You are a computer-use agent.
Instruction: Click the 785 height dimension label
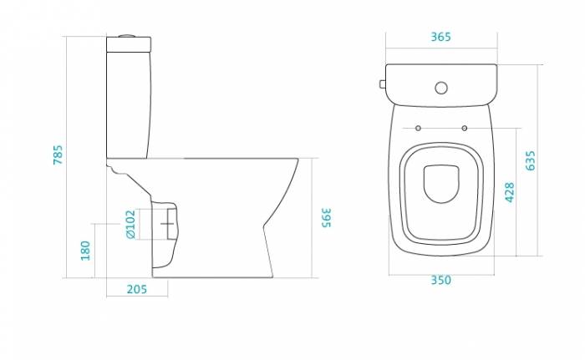point(58,155)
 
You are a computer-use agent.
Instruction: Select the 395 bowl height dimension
point(327,217)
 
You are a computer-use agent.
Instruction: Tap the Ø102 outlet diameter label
point(130,224)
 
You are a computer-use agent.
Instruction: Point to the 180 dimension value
point(85,251)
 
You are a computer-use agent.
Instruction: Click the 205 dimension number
point(137,289)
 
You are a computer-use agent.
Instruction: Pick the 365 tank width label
point(441,37)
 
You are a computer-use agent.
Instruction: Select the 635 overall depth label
point(530,160)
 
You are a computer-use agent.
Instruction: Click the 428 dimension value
point(510,192)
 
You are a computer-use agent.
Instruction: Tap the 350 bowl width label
point(441,280)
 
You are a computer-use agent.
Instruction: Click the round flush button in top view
point(441,88)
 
